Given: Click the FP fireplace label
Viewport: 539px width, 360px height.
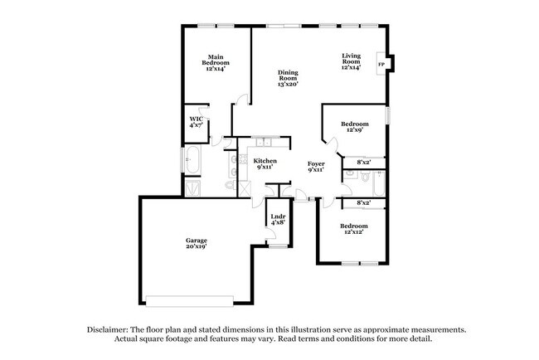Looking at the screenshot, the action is [381, 65].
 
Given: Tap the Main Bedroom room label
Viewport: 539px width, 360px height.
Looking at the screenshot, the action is [216, 62].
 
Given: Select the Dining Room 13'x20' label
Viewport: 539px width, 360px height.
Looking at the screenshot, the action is [288, 78].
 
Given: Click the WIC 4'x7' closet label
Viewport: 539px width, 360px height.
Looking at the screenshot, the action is [197, 122].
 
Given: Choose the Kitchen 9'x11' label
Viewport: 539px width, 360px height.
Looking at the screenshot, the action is [265, 163].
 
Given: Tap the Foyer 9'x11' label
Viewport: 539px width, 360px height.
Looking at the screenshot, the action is [316, 167].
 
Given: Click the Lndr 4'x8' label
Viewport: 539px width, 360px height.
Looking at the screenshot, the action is [278, 219].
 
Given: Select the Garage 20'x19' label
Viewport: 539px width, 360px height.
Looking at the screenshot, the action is [197, 243].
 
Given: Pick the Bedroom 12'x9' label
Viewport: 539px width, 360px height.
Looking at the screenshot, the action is [355, 127].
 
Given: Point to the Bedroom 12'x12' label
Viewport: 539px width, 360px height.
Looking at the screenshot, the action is [354, 229].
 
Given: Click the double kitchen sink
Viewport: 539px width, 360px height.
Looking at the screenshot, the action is [264, 142].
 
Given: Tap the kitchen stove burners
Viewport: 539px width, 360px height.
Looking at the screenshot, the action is [243, 159].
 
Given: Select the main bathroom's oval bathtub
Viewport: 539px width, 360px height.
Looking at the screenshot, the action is [192, 159].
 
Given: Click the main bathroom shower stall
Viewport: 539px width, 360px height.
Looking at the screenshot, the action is [192, 187].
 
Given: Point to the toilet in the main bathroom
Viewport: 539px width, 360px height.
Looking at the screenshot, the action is [231, 185].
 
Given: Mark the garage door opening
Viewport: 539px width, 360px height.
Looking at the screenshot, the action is [190, 301].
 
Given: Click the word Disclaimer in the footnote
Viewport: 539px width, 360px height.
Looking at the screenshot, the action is [108, 329].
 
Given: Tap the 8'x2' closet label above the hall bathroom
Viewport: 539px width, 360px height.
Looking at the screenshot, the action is [364, 163].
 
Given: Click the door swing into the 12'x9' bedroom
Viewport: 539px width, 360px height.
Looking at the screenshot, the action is [332, 144].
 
